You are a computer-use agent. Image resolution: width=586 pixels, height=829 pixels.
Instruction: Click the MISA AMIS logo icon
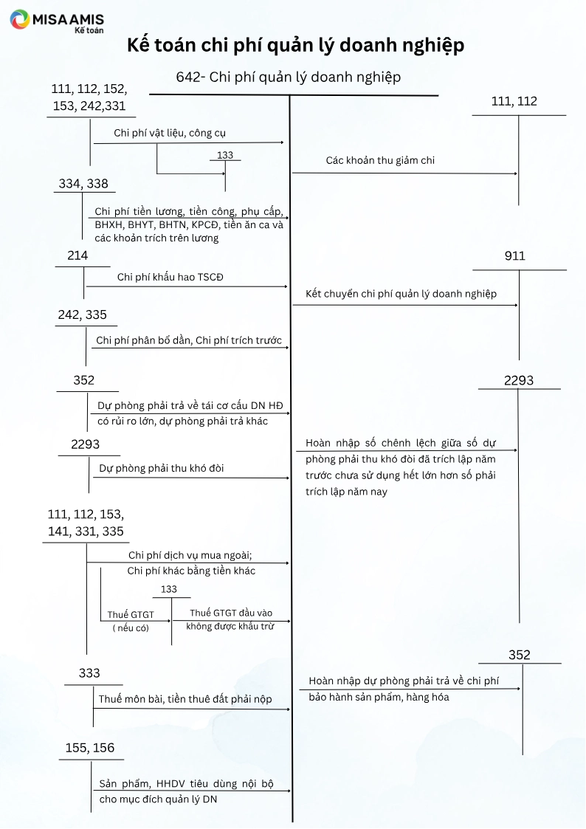tap(20, 20)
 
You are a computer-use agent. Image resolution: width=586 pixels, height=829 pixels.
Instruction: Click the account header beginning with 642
tap(289, 77)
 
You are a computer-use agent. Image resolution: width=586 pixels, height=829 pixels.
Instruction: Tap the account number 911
tap(515, 256)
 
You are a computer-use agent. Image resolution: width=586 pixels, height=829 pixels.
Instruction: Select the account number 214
tap(77, 255)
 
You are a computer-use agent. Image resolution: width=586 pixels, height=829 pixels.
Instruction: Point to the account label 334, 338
tap(83, 184)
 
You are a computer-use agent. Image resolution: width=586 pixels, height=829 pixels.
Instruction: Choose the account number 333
tap(89, 673)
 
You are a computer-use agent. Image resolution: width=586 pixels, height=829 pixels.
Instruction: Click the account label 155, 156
tap(90, 748)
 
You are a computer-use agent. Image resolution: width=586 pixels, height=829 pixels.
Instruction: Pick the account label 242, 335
tap(82, 315)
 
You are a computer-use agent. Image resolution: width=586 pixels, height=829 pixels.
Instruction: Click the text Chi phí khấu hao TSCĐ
tap(170, 278)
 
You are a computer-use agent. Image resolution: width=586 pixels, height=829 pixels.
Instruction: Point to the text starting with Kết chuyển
tap(401, 294)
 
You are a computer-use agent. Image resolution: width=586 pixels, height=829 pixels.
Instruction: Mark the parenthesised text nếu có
tap(131, 628)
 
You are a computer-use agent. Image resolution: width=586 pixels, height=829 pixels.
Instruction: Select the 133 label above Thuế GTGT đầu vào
tap(169, 589)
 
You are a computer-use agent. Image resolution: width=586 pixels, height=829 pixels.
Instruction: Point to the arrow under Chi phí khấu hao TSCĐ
tap(187, 286)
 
